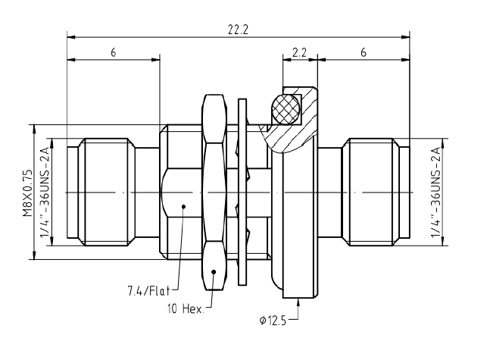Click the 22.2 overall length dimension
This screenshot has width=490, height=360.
[x=238, y=30]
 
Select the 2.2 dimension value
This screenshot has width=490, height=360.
[x=299, y=52]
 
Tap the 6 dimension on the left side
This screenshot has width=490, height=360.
[x=113, y=52]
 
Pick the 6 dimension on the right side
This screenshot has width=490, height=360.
[x=363, y=52]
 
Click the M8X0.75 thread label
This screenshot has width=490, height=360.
[x=27, y=193]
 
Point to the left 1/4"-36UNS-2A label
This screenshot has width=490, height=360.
[x=44, y=192]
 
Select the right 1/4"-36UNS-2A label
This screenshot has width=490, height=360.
[x=435, y=192]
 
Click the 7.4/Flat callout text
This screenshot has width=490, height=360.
[x=148, y=291]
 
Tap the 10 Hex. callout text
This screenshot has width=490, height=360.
[x=186, y=309]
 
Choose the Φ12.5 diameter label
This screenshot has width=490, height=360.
[x=273, y=321]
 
